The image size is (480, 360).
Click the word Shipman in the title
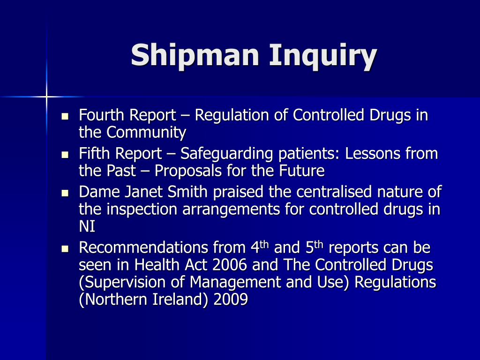pos(195,56)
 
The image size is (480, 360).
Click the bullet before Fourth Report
pos(65,115)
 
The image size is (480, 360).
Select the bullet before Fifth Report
pos(65,154)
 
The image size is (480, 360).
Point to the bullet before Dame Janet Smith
pos(65,192)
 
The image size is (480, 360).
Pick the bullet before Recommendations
pos(65,248)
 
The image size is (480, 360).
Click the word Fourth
pos(102,115)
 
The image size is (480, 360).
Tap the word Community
pos(146,133)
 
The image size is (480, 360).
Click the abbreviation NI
pos(87,227)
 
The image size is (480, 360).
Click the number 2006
pos(230,265)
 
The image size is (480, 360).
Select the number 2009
pos(230,300)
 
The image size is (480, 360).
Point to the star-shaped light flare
pos(46,97)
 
